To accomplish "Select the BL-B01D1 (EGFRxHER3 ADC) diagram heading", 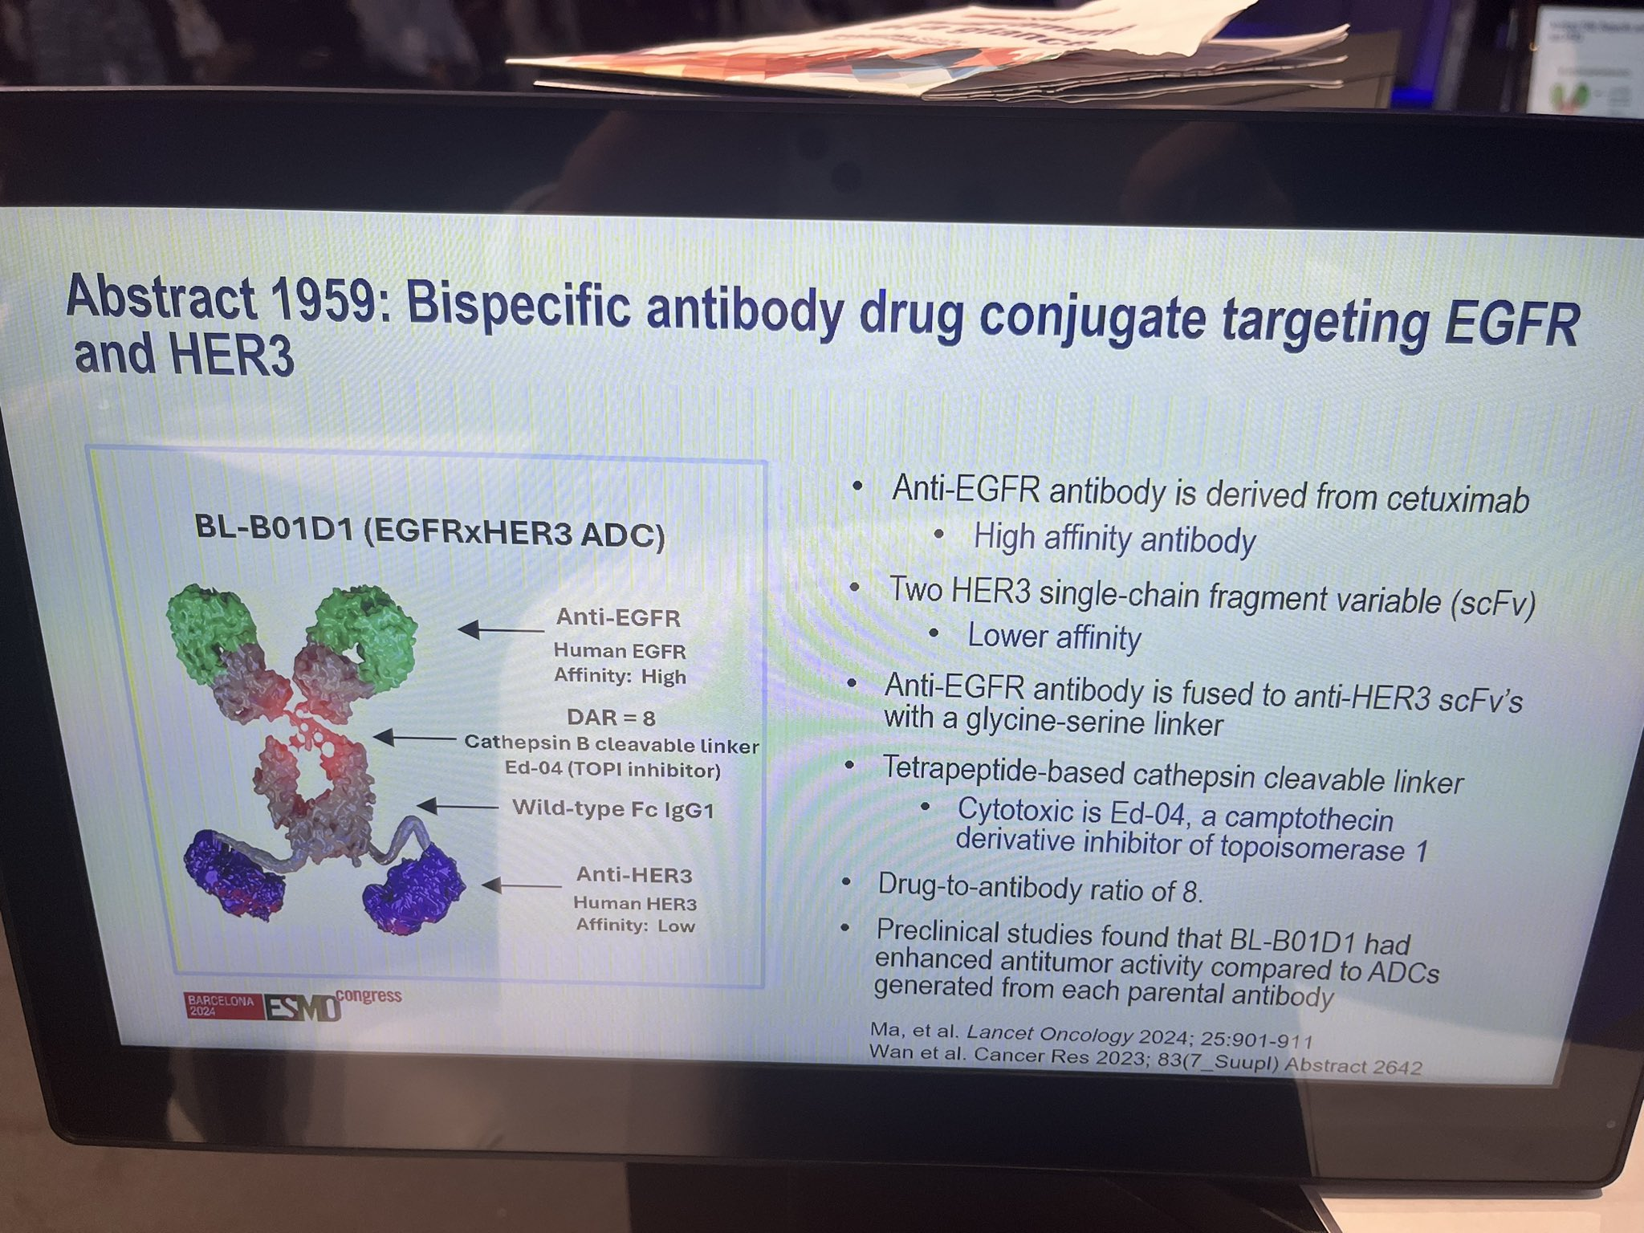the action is [x=430, y=532].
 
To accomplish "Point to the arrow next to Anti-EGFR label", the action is [x=501, y=629].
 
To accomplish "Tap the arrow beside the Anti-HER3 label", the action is [x=522, y=885].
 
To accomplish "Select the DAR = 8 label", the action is [x=610, y=718].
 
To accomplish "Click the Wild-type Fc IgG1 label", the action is [x=613, y=808].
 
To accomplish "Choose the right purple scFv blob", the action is [x=413, y=893].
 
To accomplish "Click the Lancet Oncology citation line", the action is [x=1091, y=1038].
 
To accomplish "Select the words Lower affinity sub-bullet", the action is [x=1054, y=637].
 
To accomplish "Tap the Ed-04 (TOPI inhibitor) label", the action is [x=612, y=770].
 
